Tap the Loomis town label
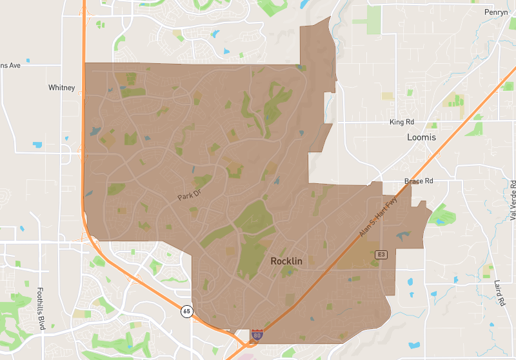tap(421, 137)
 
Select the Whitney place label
tap(61, 88)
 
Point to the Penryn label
tap(497, 12)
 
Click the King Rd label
tap(401, 122)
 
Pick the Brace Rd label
tap(419, 181)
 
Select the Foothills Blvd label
tap(41, 308)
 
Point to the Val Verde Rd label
tap(512, 201)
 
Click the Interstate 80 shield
tap(257, 334)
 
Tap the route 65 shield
tap(186, 311)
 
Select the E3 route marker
tap(382, 254)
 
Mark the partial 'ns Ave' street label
tap(10, 65)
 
